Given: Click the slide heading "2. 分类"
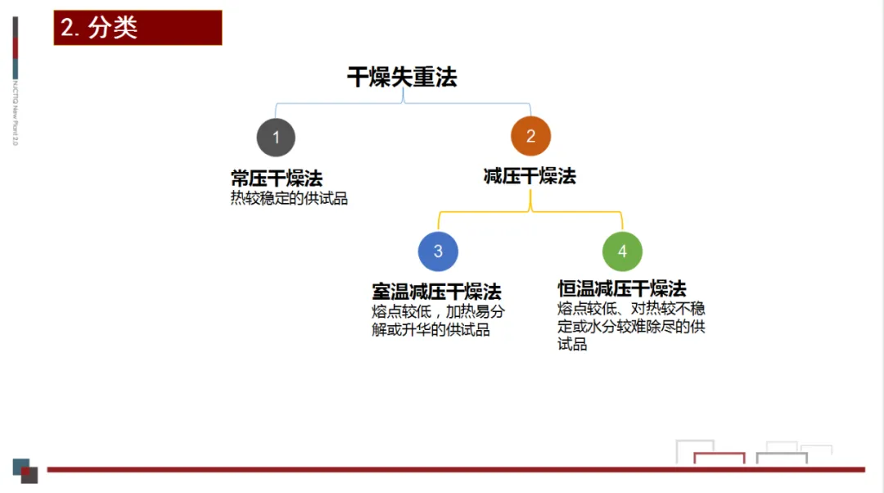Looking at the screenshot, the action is click(138, 27).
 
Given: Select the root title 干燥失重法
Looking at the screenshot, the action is click(402, 77).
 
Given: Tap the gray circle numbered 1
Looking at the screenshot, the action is click(276, 137).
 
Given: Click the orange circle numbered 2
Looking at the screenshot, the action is click(530, 137).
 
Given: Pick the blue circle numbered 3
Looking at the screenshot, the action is click(438, 251).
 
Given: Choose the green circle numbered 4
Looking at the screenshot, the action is click(622, 251).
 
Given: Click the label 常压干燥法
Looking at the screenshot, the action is click(276, 178).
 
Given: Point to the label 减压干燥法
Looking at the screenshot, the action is click(530, 176).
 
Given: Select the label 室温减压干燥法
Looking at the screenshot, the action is click(436, 292).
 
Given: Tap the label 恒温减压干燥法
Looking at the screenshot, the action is click(622, 288).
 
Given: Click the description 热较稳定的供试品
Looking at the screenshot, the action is click(289, 198).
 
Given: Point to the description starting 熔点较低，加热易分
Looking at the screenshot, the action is click(438, 321).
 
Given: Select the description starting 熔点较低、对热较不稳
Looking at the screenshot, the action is click(631, 326).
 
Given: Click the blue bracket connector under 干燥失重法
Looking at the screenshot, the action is click(403, 103).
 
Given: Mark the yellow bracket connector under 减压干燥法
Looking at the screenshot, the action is click(530, 212).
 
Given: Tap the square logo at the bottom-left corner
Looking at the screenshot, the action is click(25, 470).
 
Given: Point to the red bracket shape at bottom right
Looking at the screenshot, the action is click(719, 456).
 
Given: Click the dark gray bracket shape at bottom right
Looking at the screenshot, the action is click(782, 456).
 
